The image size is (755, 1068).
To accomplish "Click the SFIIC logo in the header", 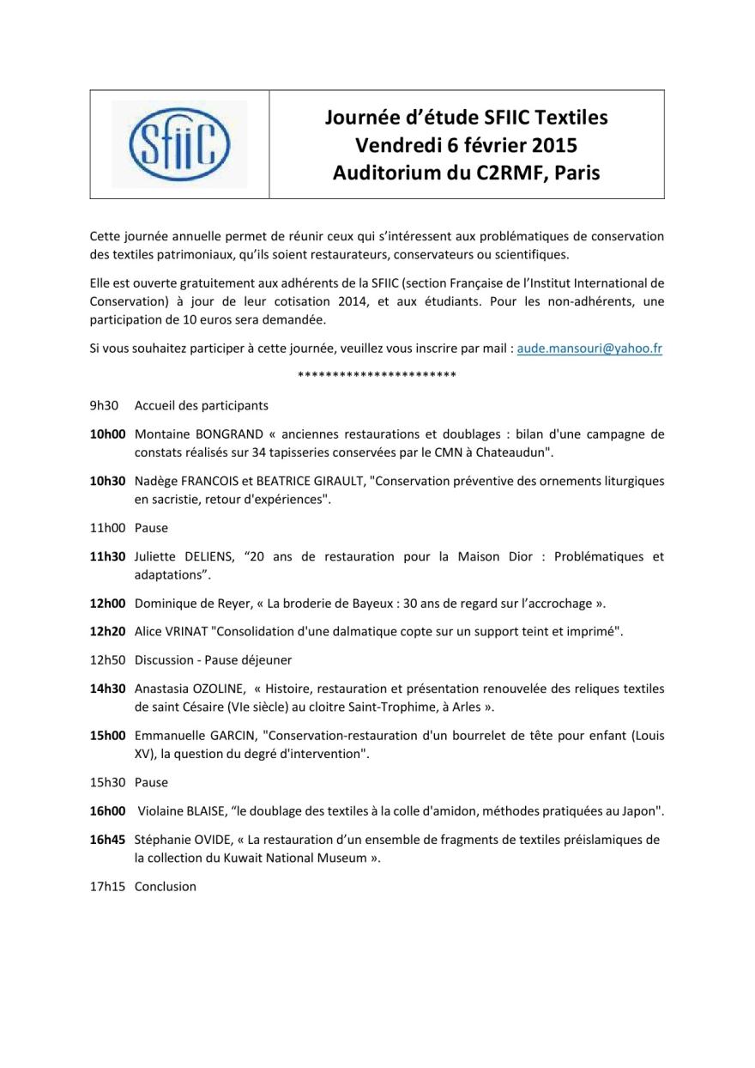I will (179, 144).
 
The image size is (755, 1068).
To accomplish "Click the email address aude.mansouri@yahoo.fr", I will (590, 349).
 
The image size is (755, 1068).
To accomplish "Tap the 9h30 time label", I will (104, 405).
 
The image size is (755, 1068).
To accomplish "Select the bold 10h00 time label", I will (108, 434).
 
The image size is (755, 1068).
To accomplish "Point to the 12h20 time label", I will (108, 632).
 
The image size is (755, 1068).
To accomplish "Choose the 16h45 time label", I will (108, 840).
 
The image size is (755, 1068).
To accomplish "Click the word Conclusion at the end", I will (166, 886).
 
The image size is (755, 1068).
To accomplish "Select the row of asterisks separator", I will (377, 376).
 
